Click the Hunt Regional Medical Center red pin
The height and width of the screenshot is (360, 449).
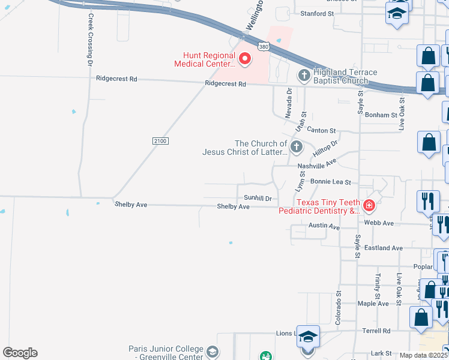tap(245, 59)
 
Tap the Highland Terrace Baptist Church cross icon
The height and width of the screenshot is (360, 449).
tap(304, 76)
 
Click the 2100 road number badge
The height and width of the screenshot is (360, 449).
tap(160, 140)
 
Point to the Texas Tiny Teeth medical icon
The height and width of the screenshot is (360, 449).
tap(369, 206)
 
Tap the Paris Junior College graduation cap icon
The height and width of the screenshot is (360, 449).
tap(212, 352)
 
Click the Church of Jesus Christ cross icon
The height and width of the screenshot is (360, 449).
tap(296, 147)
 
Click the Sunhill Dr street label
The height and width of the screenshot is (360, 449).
tap(258, 197)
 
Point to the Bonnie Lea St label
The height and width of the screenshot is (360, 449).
tap(331, 181)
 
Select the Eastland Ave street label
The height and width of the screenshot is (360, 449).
tap(384, 248)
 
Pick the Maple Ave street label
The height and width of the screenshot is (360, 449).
tap(374, 304)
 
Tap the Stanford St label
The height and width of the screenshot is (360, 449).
tap(316, 13)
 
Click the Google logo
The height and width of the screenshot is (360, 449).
tap(20, 353)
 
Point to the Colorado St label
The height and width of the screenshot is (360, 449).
tap(339, 305)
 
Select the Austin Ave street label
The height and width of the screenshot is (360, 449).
tap(324, 227)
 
